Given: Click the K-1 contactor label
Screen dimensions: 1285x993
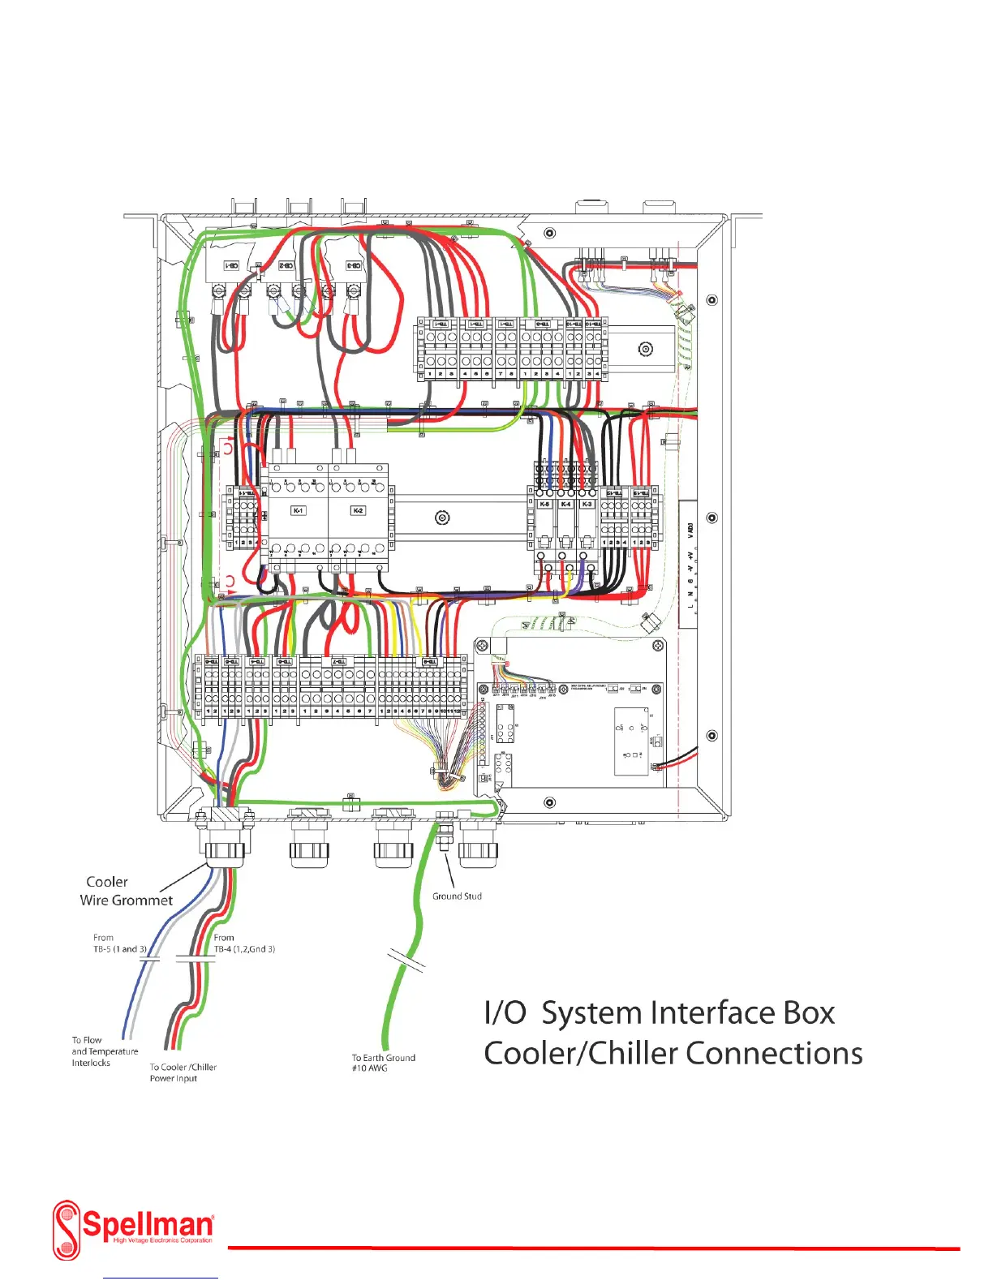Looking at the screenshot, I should [299, 510].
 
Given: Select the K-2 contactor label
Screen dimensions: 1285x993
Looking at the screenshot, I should [358, 510].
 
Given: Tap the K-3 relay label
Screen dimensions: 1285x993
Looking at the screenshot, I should [587, 504].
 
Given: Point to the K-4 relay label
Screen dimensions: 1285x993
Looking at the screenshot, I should [565, 504].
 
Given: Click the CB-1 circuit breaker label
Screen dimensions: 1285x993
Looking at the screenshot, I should [231, 266].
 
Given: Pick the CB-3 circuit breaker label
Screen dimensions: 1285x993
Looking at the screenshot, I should [353, 266].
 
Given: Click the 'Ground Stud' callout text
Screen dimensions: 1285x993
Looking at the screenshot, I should [457, 896].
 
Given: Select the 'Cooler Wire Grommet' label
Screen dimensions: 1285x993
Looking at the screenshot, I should [126, 891].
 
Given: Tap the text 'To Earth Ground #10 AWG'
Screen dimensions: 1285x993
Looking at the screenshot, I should [383, 1063].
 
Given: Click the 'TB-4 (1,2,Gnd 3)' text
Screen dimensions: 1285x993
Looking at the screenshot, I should [244, 949].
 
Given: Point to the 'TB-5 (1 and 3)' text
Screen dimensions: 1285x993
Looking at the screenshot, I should [120, 949].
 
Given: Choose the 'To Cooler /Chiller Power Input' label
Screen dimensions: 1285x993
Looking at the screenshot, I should [183, 1072].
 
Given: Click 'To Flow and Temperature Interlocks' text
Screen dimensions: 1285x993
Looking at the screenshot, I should [104, 1051].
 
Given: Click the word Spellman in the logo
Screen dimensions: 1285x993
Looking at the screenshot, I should [148, 1223].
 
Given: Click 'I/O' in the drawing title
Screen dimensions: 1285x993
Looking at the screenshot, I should [505, 1013].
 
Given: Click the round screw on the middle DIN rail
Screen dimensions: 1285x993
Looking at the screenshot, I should [442, 518].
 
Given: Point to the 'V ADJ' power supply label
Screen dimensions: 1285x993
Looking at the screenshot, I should [690, 531].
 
